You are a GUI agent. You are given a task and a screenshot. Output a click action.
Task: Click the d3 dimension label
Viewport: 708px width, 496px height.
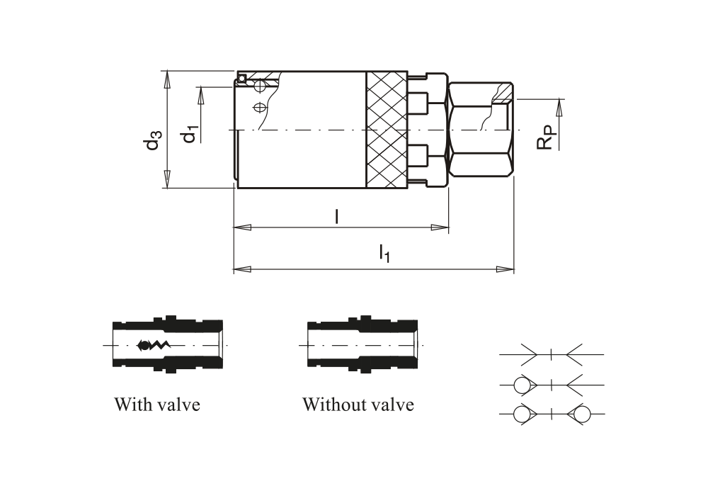[152, 140]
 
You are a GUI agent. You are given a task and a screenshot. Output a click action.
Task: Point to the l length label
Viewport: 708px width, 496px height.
[336, 216]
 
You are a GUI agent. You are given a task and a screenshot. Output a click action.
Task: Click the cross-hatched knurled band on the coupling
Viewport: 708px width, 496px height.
[387, 130]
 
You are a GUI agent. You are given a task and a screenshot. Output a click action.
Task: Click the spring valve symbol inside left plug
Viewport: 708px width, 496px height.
[154, 346]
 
